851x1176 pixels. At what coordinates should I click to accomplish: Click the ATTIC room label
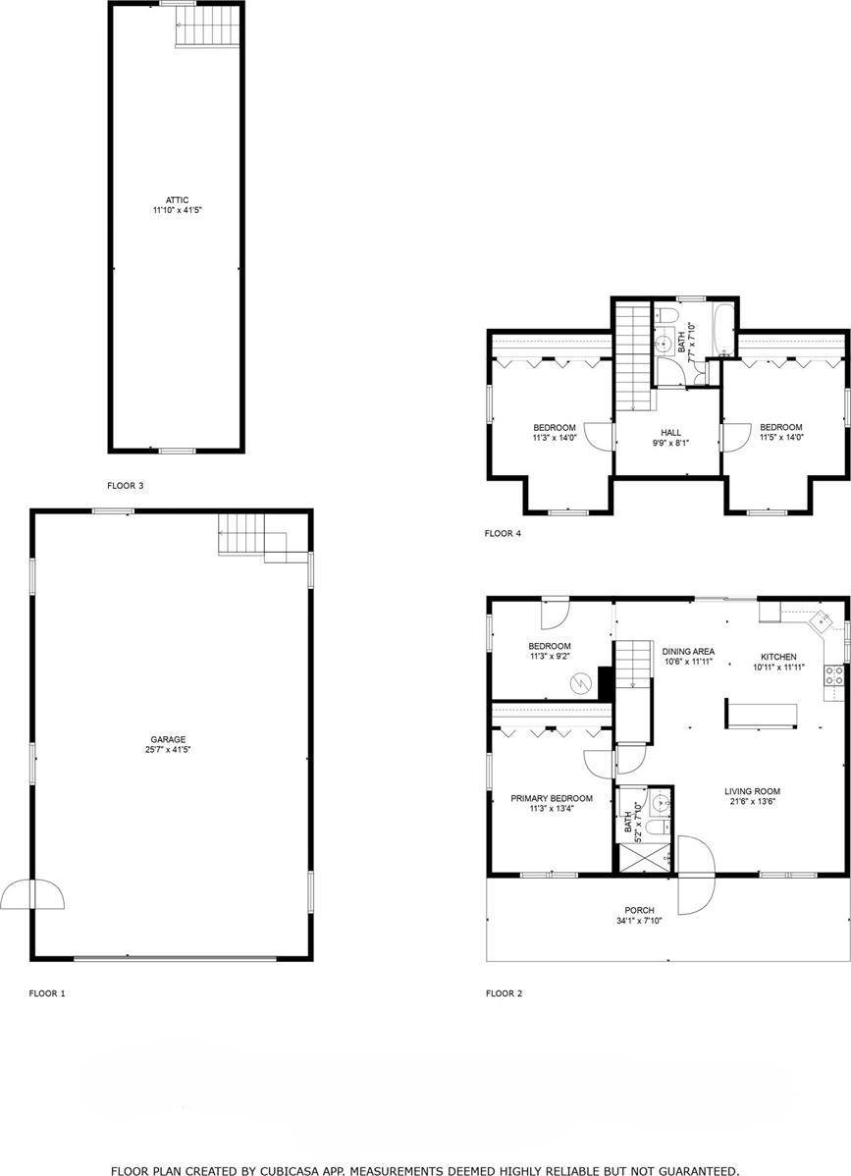pyautogui.click(x=177, y=199)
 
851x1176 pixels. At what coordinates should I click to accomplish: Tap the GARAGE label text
pyautogui.click(x=168, y=739)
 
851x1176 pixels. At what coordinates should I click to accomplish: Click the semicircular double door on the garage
pyautogui.click(x=34, y=894)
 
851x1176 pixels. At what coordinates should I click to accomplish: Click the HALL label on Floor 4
pyautogui.click(x=670, y=432)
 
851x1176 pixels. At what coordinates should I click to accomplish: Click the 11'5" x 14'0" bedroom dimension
pyautogui.click(x=780, y=439)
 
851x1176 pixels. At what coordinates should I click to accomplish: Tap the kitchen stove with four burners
pyautogui.click(x=833, y=674)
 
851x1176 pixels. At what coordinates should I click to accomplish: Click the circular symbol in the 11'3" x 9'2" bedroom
pyautogui.click(x=582, y=678)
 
